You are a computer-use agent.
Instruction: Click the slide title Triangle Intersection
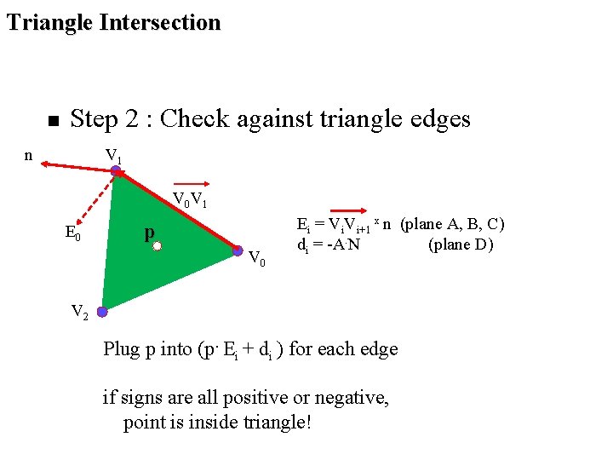[113, 22]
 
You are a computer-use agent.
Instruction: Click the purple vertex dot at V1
[116, 170]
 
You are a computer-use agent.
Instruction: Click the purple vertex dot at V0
[238, 250]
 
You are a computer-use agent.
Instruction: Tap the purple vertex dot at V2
[102, 312]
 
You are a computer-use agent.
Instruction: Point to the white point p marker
[157, 247]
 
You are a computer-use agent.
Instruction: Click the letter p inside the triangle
[149, 232]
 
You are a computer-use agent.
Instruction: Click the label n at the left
[29, 155]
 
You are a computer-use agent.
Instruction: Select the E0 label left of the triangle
[73, 232]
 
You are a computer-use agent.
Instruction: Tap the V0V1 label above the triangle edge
[191, 201]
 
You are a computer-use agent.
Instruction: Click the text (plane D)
[461, 245]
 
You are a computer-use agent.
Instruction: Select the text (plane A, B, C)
[453, 224]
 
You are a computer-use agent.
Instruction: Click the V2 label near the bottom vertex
[79, 312]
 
